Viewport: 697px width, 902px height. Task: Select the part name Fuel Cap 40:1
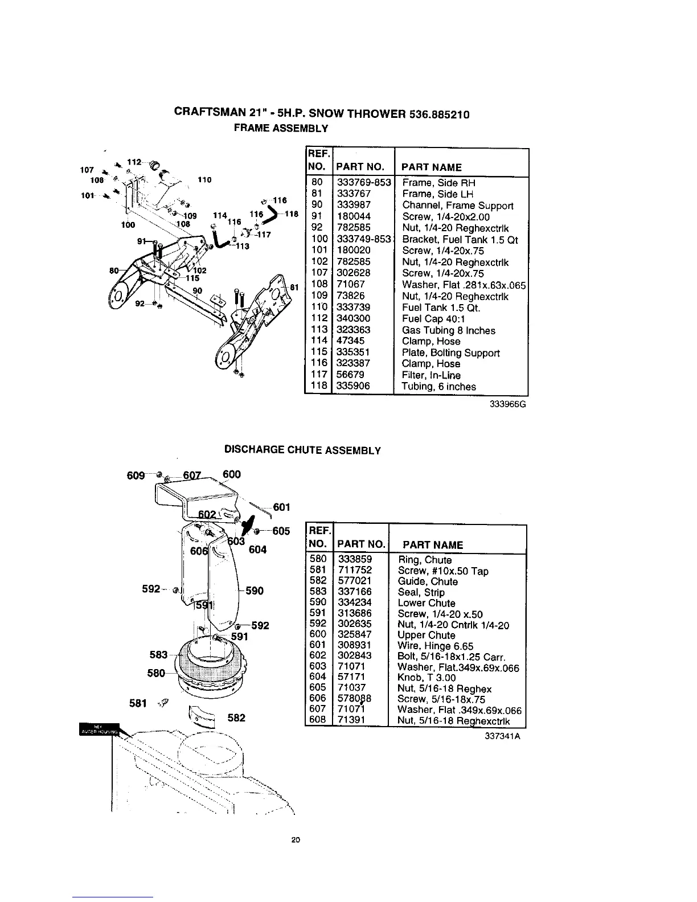433,319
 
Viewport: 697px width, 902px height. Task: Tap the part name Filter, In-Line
431,375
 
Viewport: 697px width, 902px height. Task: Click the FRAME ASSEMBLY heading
282,129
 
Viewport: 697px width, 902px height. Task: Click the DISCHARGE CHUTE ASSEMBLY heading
302,450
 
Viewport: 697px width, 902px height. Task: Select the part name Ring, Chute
425,560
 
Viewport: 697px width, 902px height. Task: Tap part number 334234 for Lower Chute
354,603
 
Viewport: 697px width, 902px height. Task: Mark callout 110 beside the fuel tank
204,180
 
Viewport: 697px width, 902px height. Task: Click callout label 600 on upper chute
231,474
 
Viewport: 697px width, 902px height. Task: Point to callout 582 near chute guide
236,718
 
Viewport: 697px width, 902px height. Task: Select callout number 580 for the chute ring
155,673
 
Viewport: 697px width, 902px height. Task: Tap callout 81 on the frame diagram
294,287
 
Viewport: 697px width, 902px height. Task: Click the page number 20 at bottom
294,840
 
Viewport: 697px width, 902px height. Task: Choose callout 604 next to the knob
258,550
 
